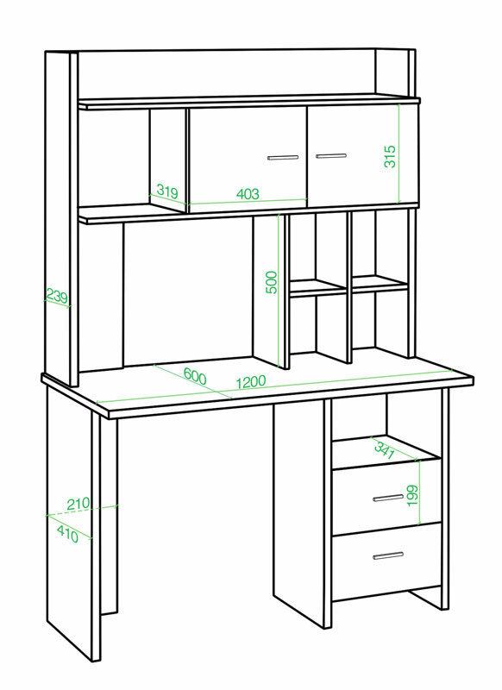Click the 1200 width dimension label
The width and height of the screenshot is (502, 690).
(251, 382)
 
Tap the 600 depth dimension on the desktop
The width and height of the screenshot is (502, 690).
(194, 376)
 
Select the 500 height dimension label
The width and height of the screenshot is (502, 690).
(272, 282)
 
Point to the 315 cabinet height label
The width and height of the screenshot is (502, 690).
(390, 156)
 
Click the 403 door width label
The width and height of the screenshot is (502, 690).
(248, 193)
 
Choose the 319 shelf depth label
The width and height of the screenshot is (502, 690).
(167, 191)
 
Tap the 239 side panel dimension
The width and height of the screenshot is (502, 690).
(57, 297)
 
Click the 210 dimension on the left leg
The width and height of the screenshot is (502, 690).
(78, 504)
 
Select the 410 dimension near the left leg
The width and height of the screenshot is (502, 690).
(68, 534)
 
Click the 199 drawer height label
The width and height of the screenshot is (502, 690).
(412, 495)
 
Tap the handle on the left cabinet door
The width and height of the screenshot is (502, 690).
(283, 157)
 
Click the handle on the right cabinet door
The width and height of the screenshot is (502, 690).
(331, 156)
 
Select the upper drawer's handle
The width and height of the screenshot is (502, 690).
(388, 498)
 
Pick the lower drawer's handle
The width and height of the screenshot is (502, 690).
(388, 555)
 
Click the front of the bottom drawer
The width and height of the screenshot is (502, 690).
(386, 561)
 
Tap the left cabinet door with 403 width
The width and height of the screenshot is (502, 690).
(248, 160)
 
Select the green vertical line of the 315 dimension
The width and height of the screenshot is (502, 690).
(398, 154)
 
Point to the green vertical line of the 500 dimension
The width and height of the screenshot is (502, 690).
(279, 291)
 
